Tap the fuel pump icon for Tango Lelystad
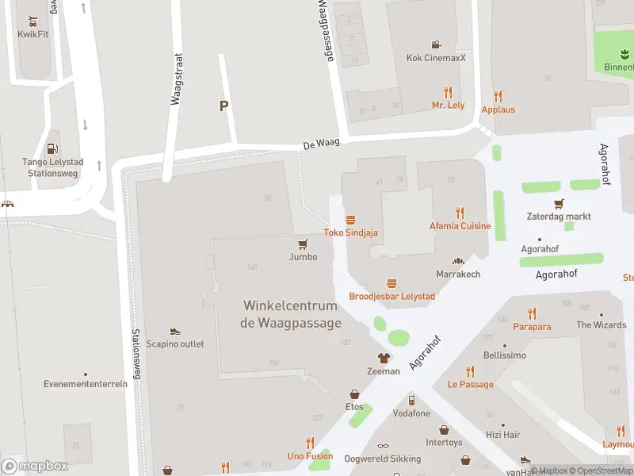[x=52, y=148]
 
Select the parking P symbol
[x=223, y=106]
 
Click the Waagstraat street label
[x=177, y=79]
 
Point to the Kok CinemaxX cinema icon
[x=436, y=44]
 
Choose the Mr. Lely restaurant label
[x=448, y=105]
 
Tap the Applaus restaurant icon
[x=498, y=94]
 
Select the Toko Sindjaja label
[x=350, y=232]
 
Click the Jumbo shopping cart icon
[x=303, y=244]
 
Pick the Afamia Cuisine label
[x=460, y=226]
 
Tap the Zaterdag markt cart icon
[x=559, y=204]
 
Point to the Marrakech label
[x=458, y=274]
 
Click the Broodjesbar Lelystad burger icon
[x=391, y=283]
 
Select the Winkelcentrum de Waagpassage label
[x=291, y=314]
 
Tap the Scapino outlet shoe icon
[x=174, y=332]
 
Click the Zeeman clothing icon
[x=384, y=359]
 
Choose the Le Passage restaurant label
[x=470, y=385]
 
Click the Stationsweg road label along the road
[x=136, y=354]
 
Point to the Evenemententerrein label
[x=85, y=384]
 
